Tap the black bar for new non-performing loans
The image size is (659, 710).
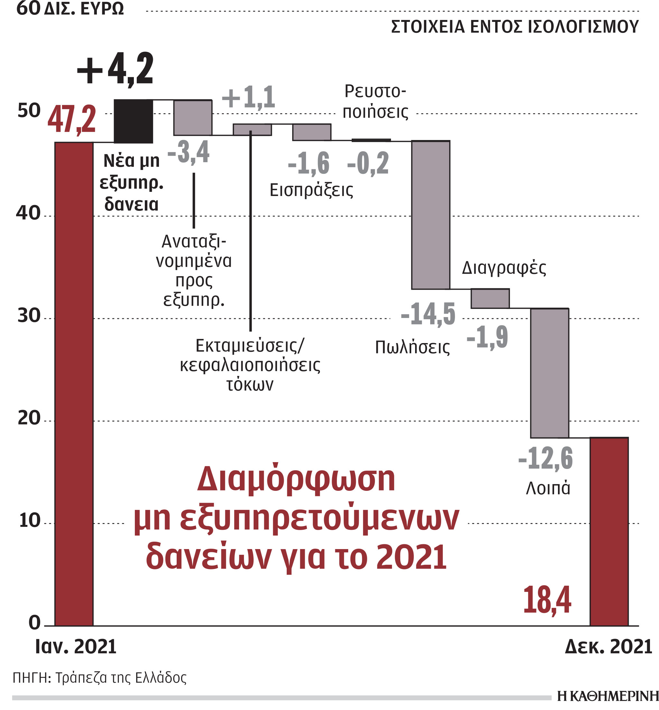click(133, 121)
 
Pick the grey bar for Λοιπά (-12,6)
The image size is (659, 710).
click(549, 373)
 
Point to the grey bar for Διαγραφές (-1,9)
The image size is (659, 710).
click(490, 298)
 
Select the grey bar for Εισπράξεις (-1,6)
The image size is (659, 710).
click(312, 132)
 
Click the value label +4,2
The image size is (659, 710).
click(115, 69)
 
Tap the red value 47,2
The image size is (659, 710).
click(72, 119)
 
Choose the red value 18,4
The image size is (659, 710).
click(547, 600)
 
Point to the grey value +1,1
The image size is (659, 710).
click(248, 97)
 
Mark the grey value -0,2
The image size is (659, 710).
click(368, 163)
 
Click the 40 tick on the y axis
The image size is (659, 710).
click(28, 213)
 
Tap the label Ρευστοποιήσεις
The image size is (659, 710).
click(375, 102)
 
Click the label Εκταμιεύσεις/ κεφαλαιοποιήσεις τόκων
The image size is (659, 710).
click(250, 365)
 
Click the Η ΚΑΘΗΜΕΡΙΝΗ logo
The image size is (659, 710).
click(607, 696)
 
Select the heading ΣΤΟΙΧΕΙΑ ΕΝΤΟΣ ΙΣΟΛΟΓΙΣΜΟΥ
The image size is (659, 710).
click(515, 27)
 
